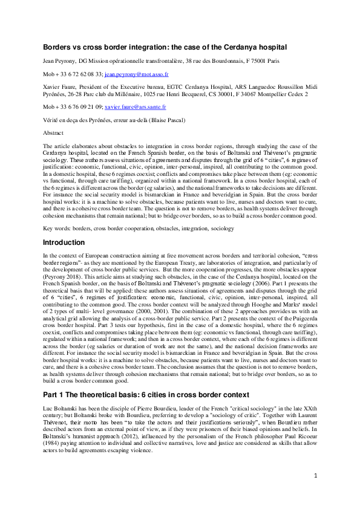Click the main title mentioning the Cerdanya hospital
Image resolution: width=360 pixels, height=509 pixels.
[165, 47]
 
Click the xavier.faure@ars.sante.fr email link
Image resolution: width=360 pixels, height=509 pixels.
[136, 106]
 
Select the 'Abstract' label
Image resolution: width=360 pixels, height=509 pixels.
[53, 132]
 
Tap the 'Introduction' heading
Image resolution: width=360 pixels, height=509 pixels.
[64, 242]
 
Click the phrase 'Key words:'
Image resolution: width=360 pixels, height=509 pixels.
[56, 229]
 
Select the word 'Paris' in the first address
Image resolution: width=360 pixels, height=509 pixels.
[272, 61]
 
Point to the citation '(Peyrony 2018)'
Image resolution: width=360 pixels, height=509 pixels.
[62, 271]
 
